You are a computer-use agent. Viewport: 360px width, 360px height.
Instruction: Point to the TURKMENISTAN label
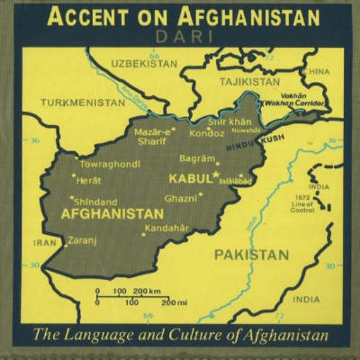click(x=82, y=103)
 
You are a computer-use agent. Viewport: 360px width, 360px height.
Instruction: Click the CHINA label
click(x=317, y=71)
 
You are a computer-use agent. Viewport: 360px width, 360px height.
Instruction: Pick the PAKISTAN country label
click(x=251, y=255)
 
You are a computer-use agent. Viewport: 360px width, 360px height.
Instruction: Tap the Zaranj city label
click(x=82, y=240)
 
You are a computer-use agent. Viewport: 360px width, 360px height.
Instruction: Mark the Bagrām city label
click(x=196, y=158)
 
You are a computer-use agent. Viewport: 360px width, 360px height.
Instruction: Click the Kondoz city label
click(x=206, y=134)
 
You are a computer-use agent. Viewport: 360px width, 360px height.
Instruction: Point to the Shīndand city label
click(x=96, y=202)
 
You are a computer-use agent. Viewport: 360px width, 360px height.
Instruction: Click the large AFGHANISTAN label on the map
click(x=112, y=214)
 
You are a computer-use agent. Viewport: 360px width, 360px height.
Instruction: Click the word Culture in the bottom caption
click(x=193, y=336)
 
